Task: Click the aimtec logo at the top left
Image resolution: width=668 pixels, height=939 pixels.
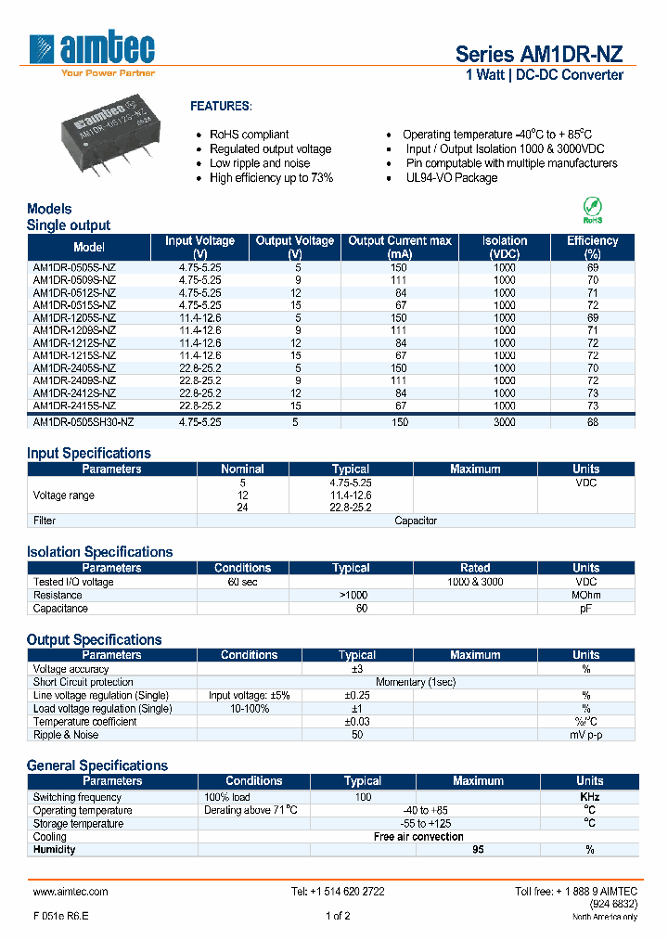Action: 92,52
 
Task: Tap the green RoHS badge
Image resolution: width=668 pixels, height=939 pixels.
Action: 592,209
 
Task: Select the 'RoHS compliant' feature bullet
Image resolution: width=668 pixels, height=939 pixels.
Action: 249,135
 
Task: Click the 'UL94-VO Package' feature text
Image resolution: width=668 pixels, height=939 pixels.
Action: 451,178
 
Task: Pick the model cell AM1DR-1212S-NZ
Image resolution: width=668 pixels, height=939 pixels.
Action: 74,343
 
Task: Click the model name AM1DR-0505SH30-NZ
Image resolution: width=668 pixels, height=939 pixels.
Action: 83,421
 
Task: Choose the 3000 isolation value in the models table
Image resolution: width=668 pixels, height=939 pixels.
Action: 505,421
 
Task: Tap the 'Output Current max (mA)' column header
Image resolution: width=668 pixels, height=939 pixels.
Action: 400,247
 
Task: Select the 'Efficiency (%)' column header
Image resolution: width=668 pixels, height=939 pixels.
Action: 592,247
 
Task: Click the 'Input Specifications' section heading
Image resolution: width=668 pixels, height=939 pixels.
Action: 89,453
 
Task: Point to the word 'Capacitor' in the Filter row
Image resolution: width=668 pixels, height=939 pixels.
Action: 416,521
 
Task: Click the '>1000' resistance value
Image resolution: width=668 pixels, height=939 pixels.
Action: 354,596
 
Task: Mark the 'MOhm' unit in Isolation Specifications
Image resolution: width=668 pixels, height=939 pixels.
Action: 585,596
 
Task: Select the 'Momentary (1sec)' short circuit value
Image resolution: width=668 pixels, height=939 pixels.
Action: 416,682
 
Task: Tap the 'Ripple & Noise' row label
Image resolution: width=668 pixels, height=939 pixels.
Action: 68,735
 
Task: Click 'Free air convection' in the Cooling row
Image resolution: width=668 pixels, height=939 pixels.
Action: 418,837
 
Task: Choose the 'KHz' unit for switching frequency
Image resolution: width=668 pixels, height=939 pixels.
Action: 589,798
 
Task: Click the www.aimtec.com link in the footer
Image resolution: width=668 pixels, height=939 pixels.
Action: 71,892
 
